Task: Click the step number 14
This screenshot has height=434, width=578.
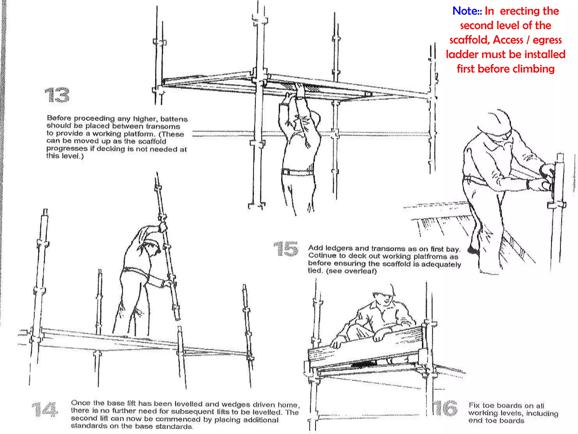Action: (45, 409)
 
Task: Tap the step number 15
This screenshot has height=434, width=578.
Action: (286, 249)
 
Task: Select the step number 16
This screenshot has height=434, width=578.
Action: (446, 408)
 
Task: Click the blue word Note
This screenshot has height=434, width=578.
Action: (465, 11)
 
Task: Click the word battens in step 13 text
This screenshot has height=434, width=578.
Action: (174, 119)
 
